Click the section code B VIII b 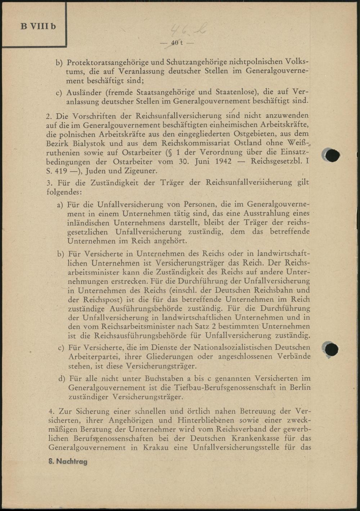click(38, 26)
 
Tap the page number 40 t click(177, 43)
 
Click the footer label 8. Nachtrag click(68, 461)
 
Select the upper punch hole click(332, 155)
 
